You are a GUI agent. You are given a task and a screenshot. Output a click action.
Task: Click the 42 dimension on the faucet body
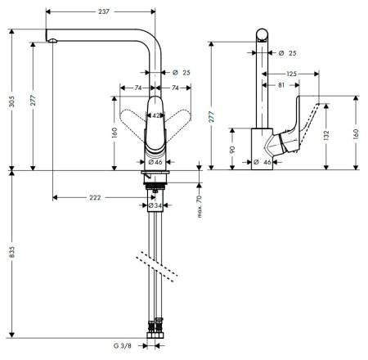[x=155, y=116]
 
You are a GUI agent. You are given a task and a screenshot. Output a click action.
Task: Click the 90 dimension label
[x=235, y=150]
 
